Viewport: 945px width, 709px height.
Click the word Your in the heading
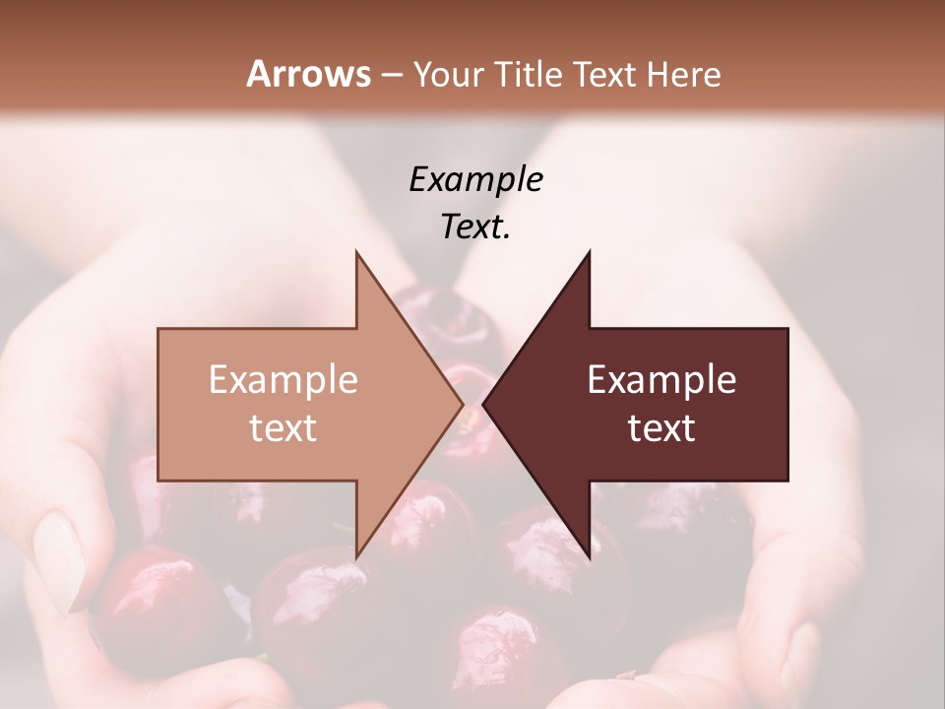coord(449,74)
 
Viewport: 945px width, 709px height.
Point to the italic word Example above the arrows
coord(475,179)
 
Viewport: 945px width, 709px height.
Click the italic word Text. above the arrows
coord(475,227)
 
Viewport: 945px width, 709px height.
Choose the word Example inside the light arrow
coord(283,379)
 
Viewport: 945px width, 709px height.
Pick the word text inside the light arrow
coord(283,427)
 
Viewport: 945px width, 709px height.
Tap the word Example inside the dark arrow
coord(661,379)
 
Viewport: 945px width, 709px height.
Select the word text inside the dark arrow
coord(661,427)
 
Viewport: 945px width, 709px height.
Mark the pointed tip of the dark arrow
coord(484,404)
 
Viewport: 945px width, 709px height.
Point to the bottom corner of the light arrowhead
coord(357,555)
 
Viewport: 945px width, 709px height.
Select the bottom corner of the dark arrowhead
coord(589,555)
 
